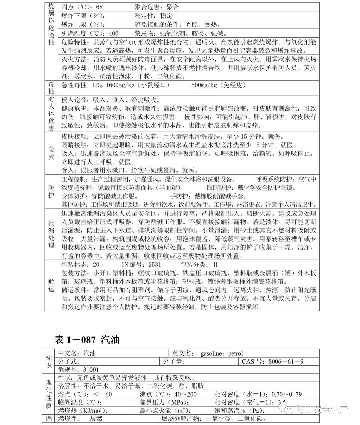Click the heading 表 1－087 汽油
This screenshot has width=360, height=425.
[x=87, y=340]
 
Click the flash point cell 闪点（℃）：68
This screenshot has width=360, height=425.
[x=82, y=7]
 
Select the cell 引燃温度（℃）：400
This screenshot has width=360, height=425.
[x=90, y=33]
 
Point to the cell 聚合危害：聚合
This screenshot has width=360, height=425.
[x=157, y=7]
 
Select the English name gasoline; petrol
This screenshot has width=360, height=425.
[x=222, y=353]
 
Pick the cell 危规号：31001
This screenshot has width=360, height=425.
[x=79, y=370]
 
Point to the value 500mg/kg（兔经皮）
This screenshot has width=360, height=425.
[x=219, y=85]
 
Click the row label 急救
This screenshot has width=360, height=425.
[x=51, y=153]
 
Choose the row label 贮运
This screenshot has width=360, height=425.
[x=51, y=285]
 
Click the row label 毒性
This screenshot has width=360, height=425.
[x=51, y=88]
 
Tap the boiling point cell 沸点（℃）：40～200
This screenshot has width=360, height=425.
[x=168, y=394]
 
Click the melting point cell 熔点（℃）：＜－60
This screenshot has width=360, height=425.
[x=85, y=394]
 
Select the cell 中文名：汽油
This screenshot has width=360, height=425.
[x=77, y=353]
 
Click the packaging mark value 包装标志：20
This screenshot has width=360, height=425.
[x=80, y=265]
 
